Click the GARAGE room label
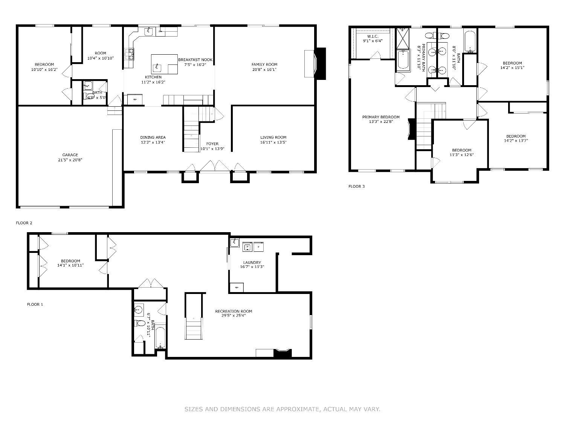tap(70, 155)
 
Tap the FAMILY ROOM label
tap(264, 64)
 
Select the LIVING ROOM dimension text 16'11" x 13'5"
tap(273, 142)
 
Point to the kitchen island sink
tap(157, 68)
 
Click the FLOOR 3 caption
tap(356, 187)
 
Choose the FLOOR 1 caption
tap(35, 304)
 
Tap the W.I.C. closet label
tap(373, 36)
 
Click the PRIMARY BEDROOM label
tap(381, 117)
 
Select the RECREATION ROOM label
tap(234, 311)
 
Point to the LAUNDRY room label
tap(252, 262)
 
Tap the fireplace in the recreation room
tap(282, 353)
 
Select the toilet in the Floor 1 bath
tap(140, 323)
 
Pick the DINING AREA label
tap(153, 137)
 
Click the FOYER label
tap(212, 144)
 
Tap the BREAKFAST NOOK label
tap(195, 60)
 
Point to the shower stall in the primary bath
tap(403, 38)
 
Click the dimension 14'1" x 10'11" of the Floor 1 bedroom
tap(70, 265)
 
